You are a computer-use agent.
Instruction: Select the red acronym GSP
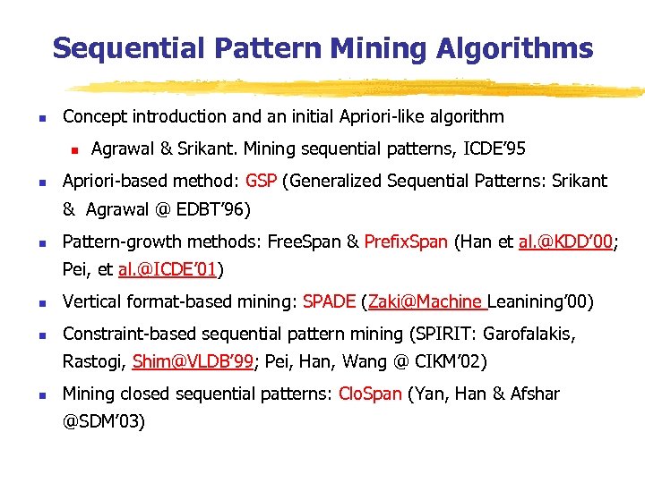(261, 181)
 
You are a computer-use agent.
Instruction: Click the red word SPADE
(330, 301)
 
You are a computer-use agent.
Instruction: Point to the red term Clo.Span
(370, 394)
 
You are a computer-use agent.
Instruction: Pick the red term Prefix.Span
(406, 241)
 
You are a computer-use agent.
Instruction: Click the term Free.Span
(305, 241)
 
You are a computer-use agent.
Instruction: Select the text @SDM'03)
(103, 421)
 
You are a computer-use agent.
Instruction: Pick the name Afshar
(535, 394)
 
